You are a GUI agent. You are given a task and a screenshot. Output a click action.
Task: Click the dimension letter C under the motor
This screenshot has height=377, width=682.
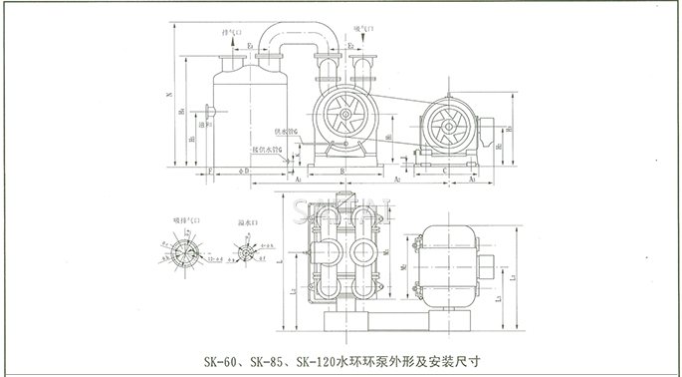pos(442,172)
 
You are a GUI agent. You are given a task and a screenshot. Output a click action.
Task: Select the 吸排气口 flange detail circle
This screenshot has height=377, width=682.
pos(181,251)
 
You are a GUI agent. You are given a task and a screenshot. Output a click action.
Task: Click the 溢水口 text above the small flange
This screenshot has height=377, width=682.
pos(244,221)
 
